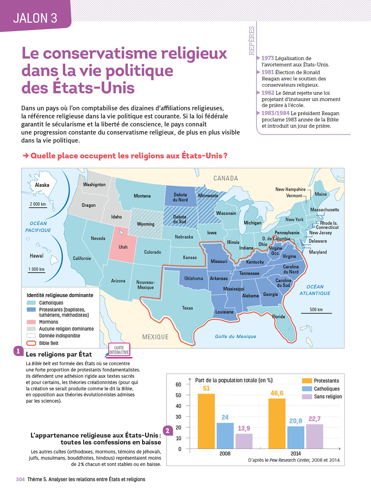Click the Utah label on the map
(123, 247)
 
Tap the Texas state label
(187, 308)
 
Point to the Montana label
(142, 196)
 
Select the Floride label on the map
(279, 317)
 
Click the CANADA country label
(226, 178)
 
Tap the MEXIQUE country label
(155, 337)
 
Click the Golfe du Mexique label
(235, 336)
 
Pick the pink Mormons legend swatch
(31, 322)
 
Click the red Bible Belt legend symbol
(31, 343)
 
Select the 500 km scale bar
(316, 313)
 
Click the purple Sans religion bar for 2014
(315, 436)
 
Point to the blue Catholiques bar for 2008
(225, 435)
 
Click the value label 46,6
(277, 393)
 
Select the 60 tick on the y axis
(178, 384)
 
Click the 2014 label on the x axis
(295, 453)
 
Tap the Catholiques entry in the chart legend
(326, 389)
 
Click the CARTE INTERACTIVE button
(119, 350)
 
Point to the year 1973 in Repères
(268, 58)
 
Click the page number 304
(20, 480)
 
